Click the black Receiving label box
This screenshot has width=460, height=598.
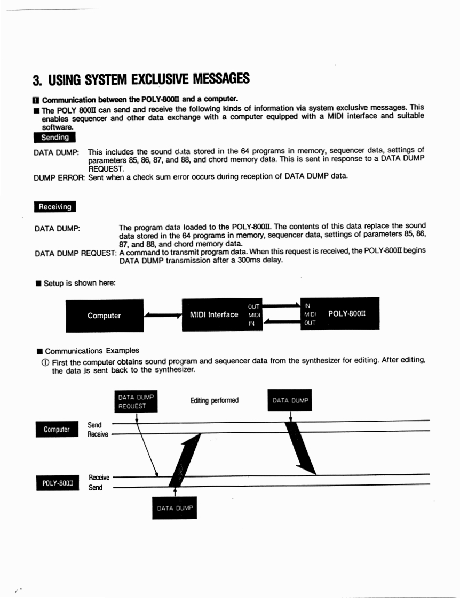tap(55, 207)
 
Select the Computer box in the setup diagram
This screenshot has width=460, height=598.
tap(105, 316)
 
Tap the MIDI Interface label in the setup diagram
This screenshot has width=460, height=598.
tap(214, 315)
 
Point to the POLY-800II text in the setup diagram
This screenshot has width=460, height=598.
tap(347, 313)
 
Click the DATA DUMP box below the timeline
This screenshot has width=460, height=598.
tap(175, 508)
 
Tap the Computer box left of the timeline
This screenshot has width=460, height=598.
tap(57, 429)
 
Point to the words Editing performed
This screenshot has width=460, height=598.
tap(215, 400)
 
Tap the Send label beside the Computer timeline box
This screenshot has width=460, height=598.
tap(94, 425)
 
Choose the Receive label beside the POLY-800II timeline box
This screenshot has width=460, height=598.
tap(99, 478)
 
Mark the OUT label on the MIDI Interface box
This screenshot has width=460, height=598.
tap(254, 306)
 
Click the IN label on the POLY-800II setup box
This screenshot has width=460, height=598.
tap(307, 306)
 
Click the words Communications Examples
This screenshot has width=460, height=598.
tap(92, 351)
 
